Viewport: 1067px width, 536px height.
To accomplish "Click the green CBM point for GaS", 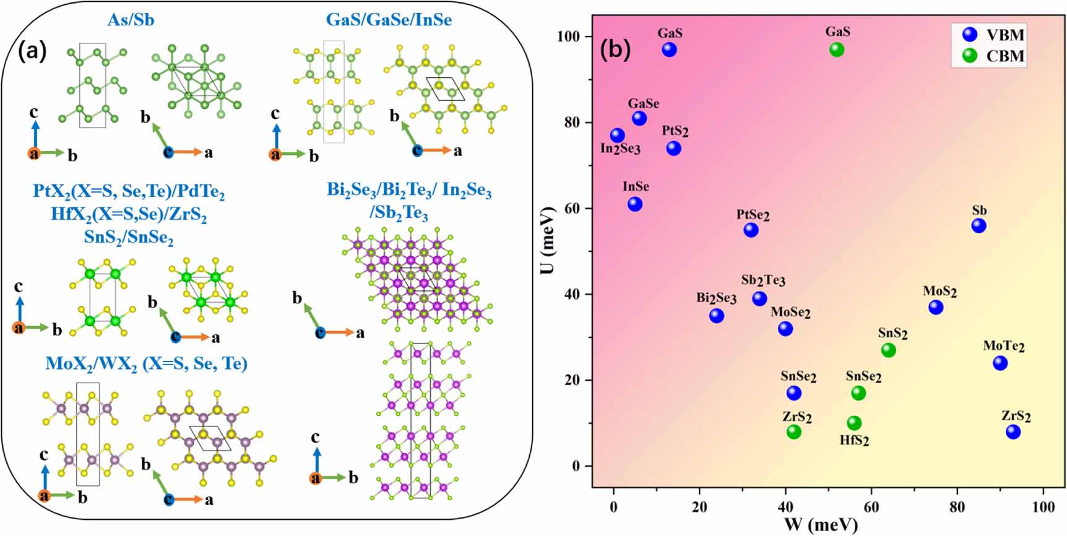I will pyautogui.click(x=836, y=50).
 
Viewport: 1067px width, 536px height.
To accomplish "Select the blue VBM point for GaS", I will pyautogui.click(x=669, y=50).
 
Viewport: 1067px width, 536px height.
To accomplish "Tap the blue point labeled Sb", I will pyautogui.click(x=978, y=226).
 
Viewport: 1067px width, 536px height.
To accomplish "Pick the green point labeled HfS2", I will pyautogui.click(x=854, y=423).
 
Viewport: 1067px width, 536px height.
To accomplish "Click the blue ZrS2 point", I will pyautogui.click(x=1013, y=432).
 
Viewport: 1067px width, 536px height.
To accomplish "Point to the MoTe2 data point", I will pyautogui.click(x=1000, y=363).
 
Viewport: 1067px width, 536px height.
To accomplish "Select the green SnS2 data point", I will pyautogui.click(x=888, y=350).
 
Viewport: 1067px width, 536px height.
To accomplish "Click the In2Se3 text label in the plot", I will pyautogui.click(x=620, y=149).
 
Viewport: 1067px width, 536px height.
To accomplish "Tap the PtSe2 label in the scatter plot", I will pyautogui.click(x=753, y=215).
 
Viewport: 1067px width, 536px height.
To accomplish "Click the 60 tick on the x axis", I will pyautogui.click(x=871, y=507).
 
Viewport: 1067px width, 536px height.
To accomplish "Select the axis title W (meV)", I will pyautogui.click(x=821, y=525).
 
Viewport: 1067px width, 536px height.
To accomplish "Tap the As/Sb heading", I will pyautogui.click(x=131, y=20).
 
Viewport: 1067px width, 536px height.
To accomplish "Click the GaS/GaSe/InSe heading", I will pyautogui.click(x=389, y=20).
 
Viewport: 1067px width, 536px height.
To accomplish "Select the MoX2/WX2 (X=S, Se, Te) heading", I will pyautogui.click(x=146, y=363).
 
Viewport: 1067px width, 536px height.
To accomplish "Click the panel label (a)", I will pyautogui.click(x=32, y=51).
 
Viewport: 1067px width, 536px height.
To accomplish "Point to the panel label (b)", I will pyautogui.click(x=615, y=48).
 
